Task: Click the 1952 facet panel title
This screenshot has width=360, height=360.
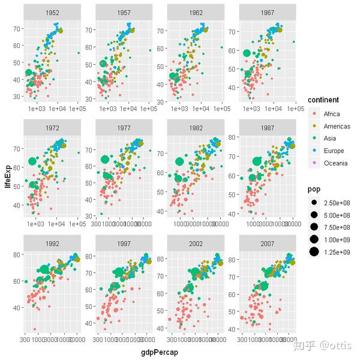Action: click(52, 12)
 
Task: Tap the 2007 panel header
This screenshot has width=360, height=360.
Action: click(268, 244)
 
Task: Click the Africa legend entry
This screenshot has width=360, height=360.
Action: click(331, 113)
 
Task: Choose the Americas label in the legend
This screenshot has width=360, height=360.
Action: click(336, 126)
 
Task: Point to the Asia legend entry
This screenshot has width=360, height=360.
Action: click(329, 138)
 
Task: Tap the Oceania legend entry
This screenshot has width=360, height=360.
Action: click(335, 163)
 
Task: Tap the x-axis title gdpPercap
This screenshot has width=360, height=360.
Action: click(158, 352)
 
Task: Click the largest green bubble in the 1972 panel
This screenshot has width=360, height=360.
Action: click(33, 161)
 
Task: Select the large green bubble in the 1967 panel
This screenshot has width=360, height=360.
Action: click(247, 53)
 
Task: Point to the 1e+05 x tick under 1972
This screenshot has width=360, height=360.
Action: click(77, 225)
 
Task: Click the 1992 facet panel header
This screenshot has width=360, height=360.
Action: click(52, 244)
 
